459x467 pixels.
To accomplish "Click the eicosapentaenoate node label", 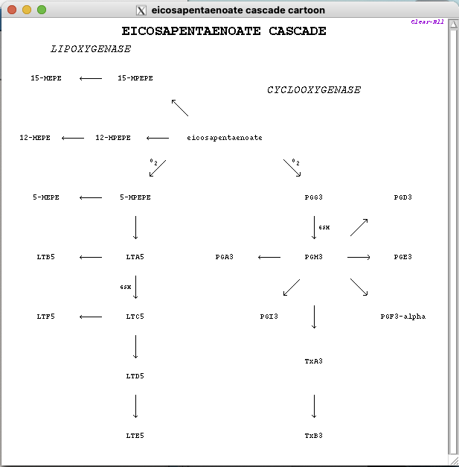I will pos(224,138).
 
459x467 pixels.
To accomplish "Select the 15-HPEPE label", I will pos(135,78).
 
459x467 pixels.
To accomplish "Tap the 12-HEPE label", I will pos(35,138).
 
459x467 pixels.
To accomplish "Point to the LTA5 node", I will pos(135,257).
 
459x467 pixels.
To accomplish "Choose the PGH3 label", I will pos(313,257).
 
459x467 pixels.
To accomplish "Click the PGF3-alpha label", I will pos(402,317).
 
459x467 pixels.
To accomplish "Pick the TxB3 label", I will pos(313,436).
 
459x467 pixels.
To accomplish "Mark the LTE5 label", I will pos(135,436).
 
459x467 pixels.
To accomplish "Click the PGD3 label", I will pos(402,197).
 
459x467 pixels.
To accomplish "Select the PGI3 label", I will pos(269,317).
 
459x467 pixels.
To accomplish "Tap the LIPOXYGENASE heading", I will pos(91,49).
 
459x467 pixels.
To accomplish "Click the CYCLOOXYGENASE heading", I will pos(313,90).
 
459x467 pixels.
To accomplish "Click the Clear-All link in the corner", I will pos(427,22).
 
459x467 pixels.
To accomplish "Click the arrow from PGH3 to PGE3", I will pos(359,257).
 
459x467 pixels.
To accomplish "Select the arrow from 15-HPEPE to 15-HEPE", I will pos(91,78).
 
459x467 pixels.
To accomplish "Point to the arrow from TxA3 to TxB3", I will pos(314,406).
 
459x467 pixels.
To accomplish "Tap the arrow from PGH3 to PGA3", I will pos(269,257).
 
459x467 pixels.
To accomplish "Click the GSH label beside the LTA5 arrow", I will pos(126,287).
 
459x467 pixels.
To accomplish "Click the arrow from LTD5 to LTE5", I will pos(135,406).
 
